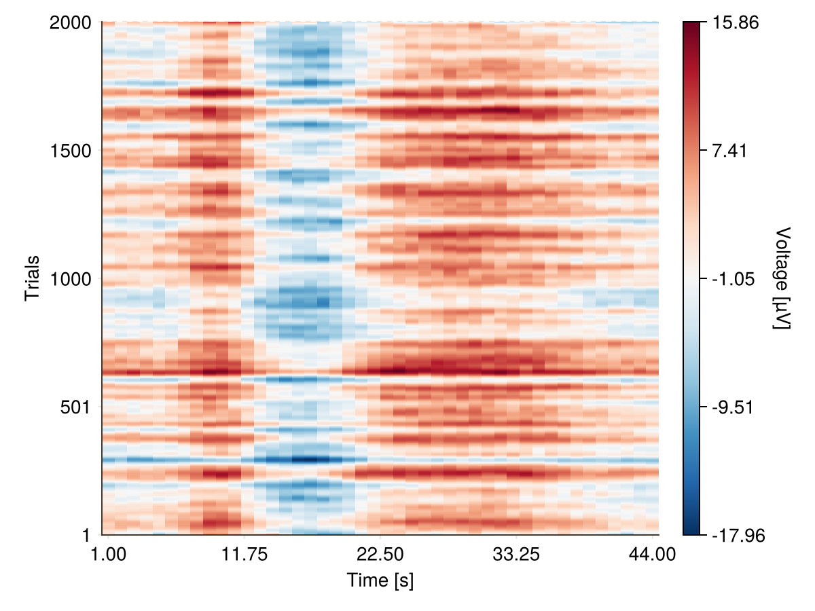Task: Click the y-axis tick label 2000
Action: tap(71, 22)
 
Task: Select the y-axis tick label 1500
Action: tap(71, 150)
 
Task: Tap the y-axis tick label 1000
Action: tap(71, 278)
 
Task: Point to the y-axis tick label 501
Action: tap(77, 407)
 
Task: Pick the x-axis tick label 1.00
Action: tap(109, 554)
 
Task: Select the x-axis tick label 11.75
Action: tap(245, 554)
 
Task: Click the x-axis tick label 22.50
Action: tap(381, 554)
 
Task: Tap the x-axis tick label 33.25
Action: tap(517, 554)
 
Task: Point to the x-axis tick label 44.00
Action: tap(653, 554)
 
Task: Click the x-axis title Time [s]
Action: tap(380, 580)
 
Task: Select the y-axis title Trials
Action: tap(32, 278)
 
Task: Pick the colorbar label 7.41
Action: tap(731, 150)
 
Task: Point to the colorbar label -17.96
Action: tap(738, 535)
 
